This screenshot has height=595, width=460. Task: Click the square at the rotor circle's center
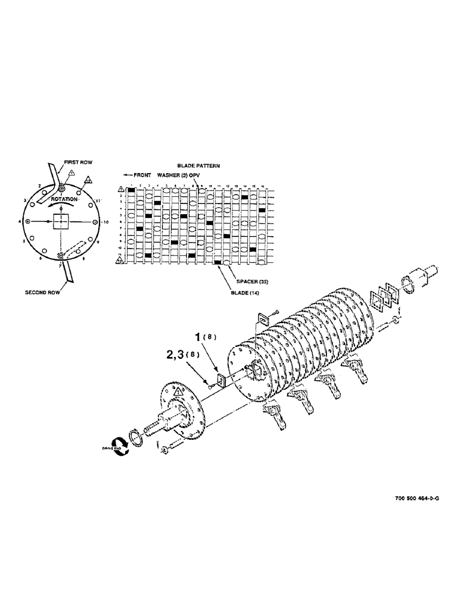(62, 222)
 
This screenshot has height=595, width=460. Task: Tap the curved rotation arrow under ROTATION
(63, 205)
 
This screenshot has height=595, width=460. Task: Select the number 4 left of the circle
(20, 221)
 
